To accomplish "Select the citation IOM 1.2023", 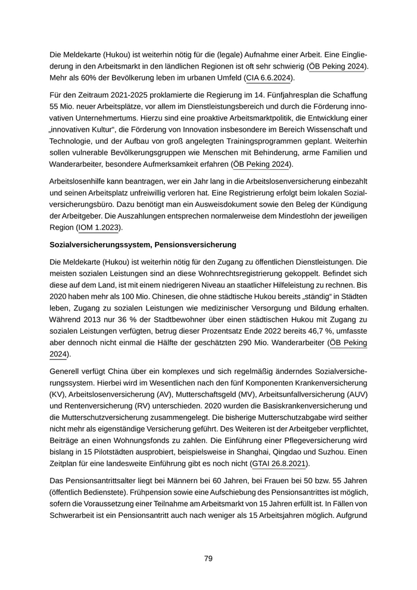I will (99, 227).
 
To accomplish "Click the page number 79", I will (208, 558).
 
